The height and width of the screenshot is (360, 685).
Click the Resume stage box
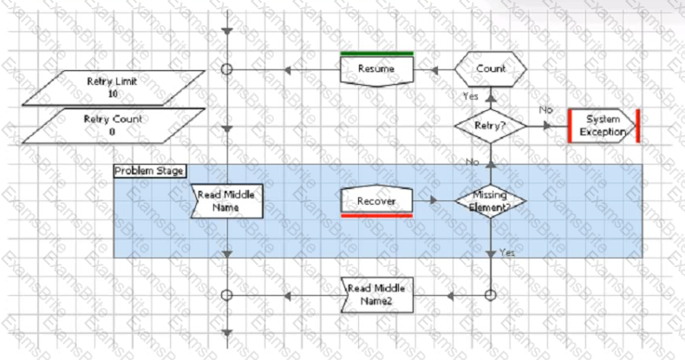[376, 69]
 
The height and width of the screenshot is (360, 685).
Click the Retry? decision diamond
[490, 126]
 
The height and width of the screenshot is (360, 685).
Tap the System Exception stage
[603, 125]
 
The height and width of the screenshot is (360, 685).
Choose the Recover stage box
[376, 201]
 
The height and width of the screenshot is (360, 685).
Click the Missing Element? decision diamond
[490, 201]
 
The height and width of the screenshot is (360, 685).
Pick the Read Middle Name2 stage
[376, 294]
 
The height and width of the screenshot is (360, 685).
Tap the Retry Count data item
[114, 125]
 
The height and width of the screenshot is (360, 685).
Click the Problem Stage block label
[149, 171]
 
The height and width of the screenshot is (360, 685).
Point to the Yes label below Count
[471, 95]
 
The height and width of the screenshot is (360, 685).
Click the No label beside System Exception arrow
[545, 110]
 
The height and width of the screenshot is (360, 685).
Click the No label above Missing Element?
[473, 162]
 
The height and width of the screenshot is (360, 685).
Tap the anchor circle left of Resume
[227, 69]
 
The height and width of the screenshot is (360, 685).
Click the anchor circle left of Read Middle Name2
[227, 295]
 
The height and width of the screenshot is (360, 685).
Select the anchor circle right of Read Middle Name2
[490, 295]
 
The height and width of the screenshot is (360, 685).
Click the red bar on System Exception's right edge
[637, 125]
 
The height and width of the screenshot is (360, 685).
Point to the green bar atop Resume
[376, 54]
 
